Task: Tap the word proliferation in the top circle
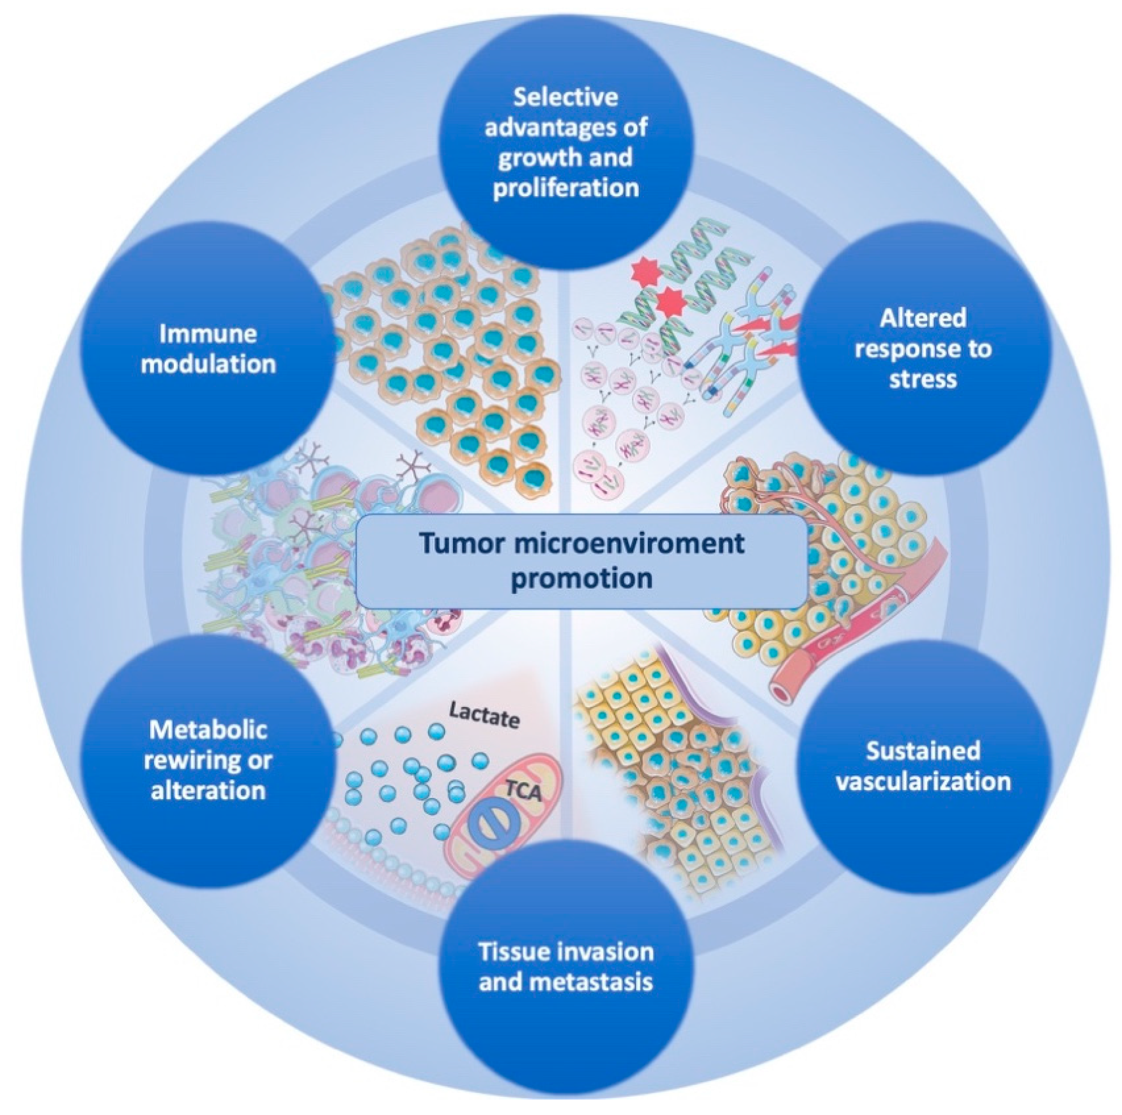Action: click(x=566, y=188)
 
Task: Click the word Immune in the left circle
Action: click(x=208, y=334)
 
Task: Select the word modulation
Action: click(x=208, y=364)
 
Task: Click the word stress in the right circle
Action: click(x=923, y=379)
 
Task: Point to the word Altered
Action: click(x=923, y=318)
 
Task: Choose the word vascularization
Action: click(x=923, y=781)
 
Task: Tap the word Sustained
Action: click(x=923, y=751)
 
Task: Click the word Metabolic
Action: click(x=208, y=730)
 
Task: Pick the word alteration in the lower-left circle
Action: click(x=208, y=791)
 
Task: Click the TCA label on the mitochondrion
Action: click(x=523, y=791)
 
